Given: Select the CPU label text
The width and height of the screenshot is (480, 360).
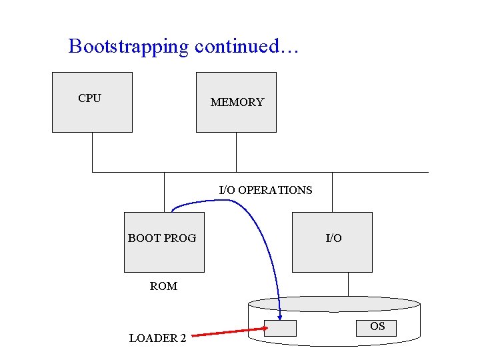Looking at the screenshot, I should click(x=89, y=98).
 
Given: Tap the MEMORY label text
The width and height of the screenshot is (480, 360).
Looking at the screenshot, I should click(x=237, y=102).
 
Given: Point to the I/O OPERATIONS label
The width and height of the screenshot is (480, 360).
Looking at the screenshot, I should click(x=265, y=190).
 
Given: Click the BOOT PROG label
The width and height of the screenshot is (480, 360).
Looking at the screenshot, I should click(x=162, y=238).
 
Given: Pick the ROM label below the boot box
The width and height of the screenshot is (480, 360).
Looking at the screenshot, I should click(x=163, y=286).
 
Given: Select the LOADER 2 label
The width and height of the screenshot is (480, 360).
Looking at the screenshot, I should click(x=157, y=338).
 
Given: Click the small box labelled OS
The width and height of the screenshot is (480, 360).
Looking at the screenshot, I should click(x=377, y=327).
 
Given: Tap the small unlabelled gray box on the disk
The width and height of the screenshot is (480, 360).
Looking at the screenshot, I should click(x=280, y=328).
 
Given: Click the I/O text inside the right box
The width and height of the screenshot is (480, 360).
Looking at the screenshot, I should click(x=333, y=238).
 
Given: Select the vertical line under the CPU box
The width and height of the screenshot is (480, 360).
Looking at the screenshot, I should click(x=92, y=152).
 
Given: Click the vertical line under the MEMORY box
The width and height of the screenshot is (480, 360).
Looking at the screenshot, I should click(x=236, y=152).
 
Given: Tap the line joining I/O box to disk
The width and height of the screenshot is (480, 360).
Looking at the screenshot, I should click(x=348, y=284).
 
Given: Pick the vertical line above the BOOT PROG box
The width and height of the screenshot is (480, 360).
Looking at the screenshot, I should click(x=164, y=192).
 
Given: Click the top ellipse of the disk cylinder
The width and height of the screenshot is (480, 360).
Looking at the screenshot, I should click(x=333, y=305).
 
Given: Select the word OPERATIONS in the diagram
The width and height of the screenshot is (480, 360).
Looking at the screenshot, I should click(x=275, y=190).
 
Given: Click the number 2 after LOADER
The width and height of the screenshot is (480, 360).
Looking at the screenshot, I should click(x=183, y=338).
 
